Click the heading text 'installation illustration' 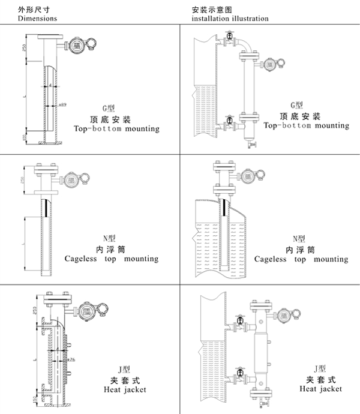(230, 19)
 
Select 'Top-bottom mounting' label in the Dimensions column (116, 128)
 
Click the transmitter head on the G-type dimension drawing (76, 46)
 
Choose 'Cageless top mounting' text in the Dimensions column (112, 259)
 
